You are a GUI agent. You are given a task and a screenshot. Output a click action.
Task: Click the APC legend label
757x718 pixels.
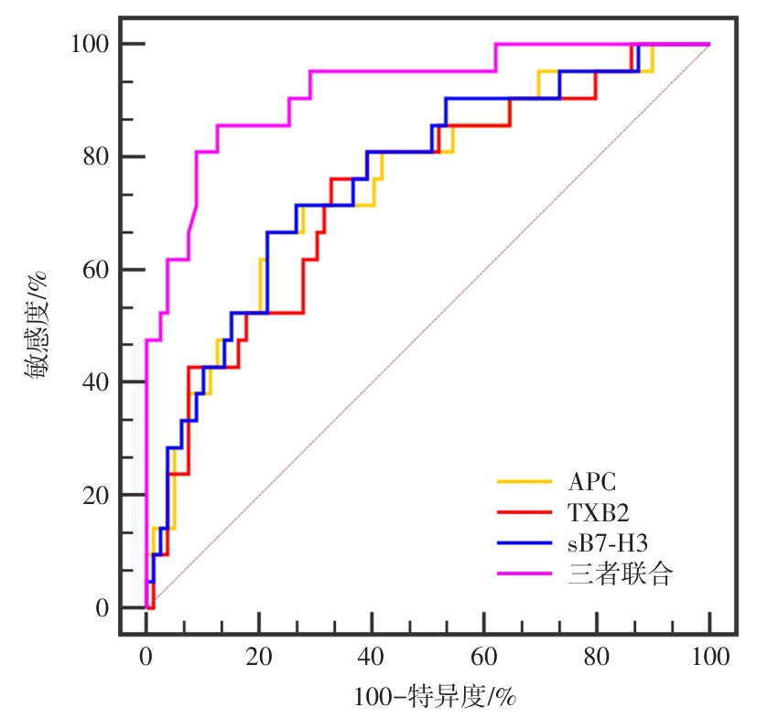(x=591, y=480)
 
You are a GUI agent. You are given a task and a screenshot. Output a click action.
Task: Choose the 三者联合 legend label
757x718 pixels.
(x=620, y=575)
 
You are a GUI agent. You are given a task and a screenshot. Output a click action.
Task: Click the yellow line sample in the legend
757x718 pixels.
(x=524, y=480)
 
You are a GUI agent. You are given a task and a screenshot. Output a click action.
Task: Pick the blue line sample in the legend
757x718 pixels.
(x=524, y=543)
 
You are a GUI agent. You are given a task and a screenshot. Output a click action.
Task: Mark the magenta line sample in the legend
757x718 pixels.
(x=524, y=574)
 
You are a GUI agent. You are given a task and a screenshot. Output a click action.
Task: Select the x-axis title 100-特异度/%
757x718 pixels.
(x=436, y=697)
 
